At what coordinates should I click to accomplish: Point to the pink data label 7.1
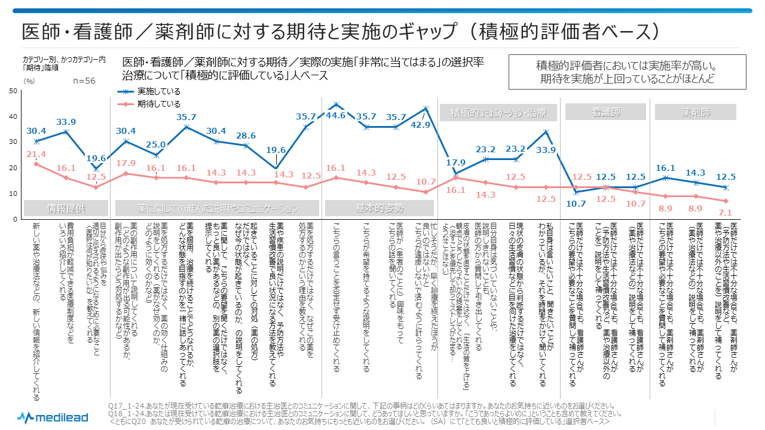click(725, 212)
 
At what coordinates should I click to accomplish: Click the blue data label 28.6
click(245, 136)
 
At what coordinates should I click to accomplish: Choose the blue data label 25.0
click(155, 144)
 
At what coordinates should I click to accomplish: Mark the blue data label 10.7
click(576, 203)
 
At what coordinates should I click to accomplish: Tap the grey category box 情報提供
click(66, 208)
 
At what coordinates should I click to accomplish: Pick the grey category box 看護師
click(605, 112)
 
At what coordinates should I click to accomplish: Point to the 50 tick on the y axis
click(13, 91)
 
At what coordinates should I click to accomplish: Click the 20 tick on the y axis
click(13, 168)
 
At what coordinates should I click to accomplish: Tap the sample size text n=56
click(84, 81)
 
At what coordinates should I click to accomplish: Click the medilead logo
click(53, 417)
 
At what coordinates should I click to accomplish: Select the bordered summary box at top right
click(627, 72)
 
